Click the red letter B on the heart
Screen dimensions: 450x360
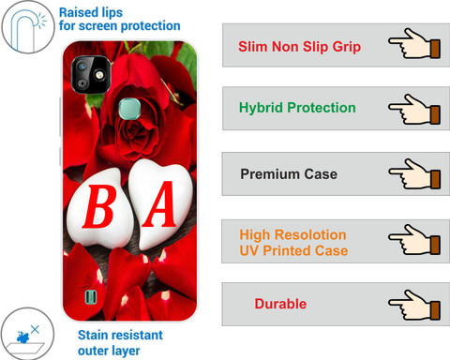point(99,206)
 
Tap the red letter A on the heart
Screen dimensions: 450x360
point(159,203)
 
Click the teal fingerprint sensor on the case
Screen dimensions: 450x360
point(129,109)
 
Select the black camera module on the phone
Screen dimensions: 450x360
point(91,75)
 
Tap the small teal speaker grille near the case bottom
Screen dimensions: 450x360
point(91,296)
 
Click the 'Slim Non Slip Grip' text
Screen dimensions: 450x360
point(299,47)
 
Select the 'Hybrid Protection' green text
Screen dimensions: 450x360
point(297,108)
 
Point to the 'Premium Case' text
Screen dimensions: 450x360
point(289,174)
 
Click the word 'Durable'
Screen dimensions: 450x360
point(280,304)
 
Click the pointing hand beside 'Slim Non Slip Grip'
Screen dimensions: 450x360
point(414,44)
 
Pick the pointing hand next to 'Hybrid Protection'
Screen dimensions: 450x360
point(414,110)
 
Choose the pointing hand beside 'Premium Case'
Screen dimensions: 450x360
point(414,174)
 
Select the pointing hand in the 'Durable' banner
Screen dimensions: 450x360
point(414,305)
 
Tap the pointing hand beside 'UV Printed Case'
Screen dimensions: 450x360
point(414,240)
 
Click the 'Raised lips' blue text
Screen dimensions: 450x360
point(91,13)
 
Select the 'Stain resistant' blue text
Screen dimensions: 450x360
point(120,335)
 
